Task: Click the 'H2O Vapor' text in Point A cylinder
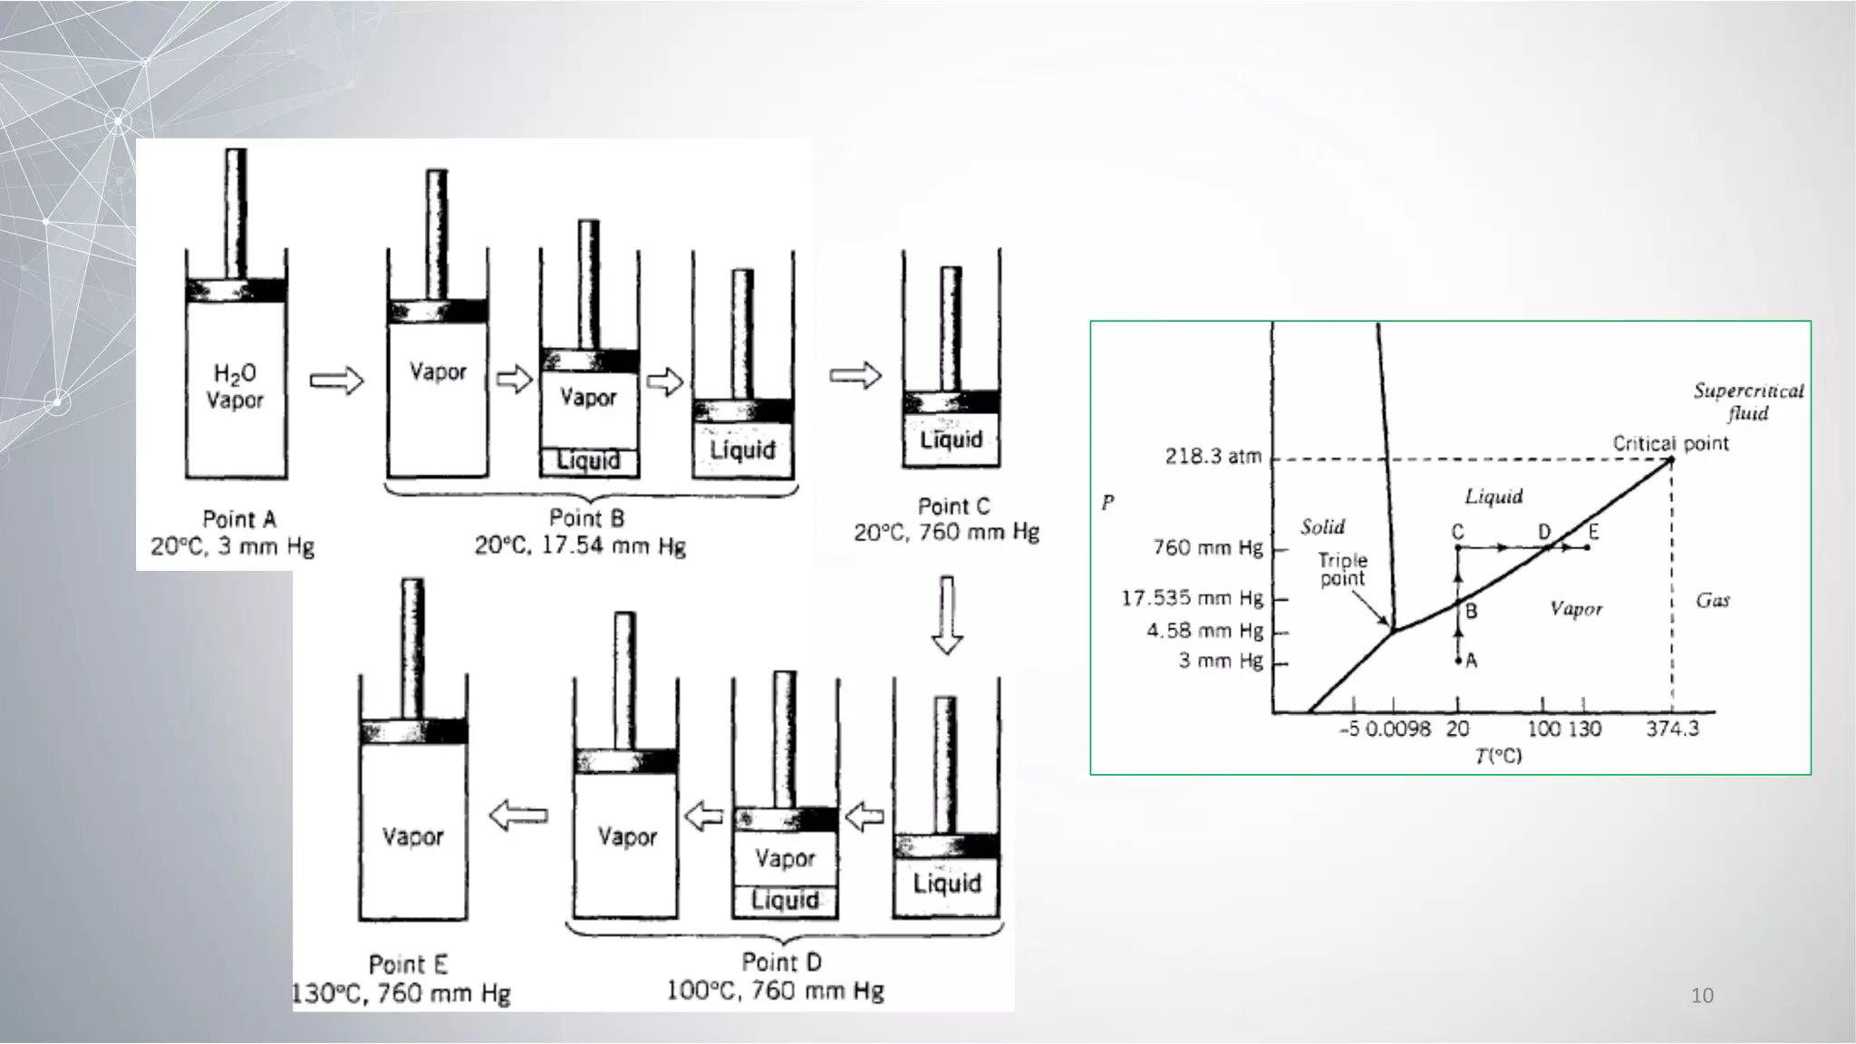(x=235, y=387)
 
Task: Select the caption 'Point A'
(x=239, y=519)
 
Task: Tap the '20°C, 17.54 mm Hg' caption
(x=581, y=546)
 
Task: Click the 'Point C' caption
(x=953, y=507)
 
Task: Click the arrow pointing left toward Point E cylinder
(x=519, y=815)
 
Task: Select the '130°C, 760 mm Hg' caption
(x=401, y=994)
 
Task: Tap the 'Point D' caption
(x=781, y=962)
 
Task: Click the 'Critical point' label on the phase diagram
(x=1670, y=443)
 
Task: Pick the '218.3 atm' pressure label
(x=1213, y=456)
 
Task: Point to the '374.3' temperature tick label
(x=1672, y=729)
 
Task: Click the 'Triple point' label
(x=1342, y=569)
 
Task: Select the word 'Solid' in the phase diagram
(x=1322, y=527)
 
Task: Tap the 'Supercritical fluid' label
(x=1748, y=401)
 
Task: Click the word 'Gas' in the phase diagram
(x=1712, y=600)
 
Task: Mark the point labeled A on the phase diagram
(x=1458, y=662)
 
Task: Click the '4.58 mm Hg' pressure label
(x=1204, y=630)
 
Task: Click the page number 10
(x=1702, y=996)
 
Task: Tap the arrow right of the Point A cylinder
(x=336, y=381)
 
